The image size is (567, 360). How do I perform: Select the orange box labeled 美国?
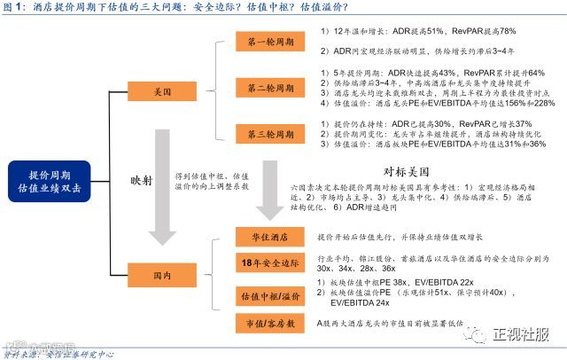point(161,91)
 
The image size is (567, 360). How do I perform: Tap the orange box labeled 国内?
point(161,276)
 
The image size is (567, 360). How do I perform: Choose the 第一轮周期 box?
point(269,42)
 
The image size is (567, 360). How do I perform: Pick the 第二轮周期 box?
point(269,89)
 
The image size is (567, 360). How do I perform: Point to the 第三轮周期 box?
point(269,134)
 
